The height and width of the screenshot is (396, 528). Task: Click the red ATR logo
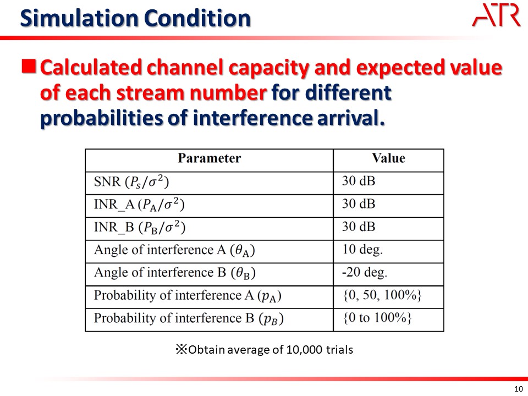[x=496, y=15]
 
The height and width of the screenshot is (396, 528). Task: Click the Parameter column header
[x=210, y=158]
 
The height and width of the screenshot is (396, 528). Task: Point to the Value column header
[x=388, y=158]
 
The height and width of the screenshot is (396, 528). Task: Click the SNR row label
[x=131, y=182]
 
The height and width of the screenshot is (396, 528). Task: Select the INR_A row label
[x=139, y=205]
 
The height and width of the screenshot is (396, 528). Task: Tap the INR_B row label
[x=140, y=228]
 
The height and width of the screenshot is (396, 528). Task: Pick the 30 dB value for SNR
[x=359, y=181]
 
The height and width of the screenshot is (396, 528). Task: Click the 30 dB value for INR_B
[x=359, y=227]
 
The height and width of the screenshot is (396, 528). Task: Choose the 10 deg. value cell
[x=362, y=250]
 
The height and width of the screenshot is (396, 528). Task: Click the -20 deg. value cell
[x=365, y=272]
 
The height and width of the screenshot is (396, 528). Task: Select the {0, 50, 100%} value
[x=382, y=295]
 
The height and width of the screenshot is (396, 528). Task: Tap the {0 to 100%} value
[x=377, y=317]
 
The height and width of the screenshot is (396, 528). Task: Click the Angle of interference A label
[x=174, y=250]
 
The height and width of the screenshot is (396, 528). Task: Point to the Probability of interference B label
[x=189, y=318]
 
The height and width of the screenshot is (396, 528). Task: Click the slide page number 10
[x=519, y=389]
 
